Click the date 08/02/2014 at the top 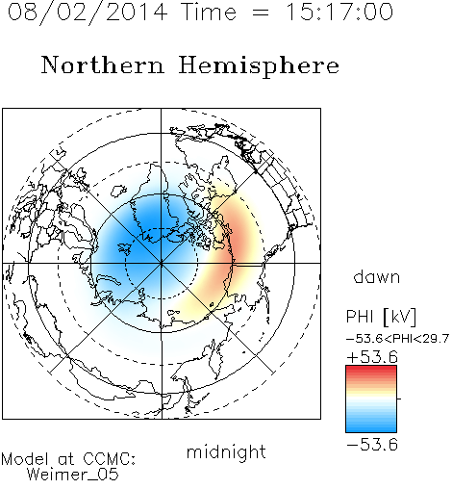88,13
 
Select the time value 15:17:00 339,12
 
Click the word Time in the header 209,12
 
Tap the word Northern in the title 103,65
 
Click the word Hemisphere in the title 259,66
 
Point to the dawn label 377,276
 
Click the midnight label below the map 226,451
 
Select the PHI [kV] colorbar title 381,317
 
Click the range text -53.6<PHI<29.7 397,339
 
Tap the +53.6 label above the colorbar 372,357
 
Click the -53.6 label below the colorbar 372,445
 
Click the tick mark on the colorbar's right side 399,399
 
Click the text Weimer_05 72,475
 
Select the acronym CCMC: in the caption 110,459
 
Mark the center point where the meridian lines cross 162,263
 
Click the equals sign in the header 261,13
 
